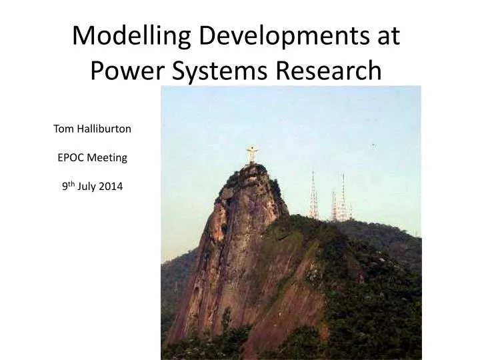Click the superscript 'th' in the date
pos(71,184)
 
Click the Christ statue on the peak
pos(252,155)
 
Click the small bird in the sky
pos(373,145)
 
